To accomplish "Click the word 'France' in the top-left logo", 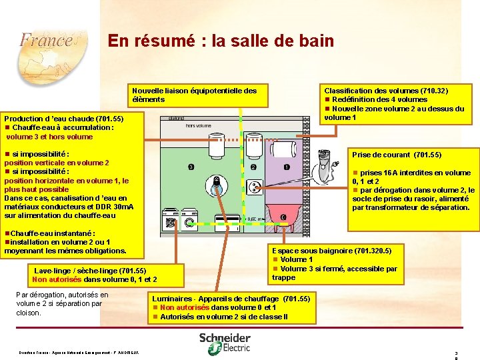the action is tap(45, 39).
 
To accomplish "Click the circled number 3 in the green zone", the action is tap(191, 167).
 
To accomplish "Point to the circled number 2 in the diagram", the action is tap(253, 167).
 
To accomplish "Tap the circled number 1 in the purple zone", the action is tap(286, 167).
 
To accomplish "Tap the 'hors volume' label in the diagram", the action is tap(199, 125).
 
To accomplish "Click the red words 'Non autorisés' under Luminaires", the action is tap(185, 307).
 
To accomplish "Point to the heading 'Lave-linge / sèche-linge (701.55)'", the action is tap(90, 271).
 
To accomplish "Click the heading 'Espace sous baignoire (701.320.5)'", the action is tap(337, 251).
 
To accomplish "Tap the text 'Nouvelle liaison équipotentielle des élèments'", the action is tap(194, 95).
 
